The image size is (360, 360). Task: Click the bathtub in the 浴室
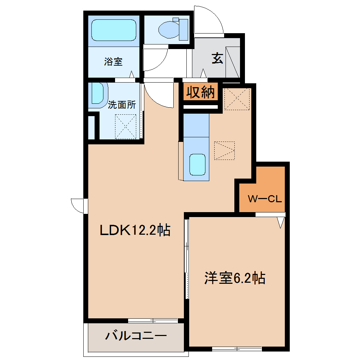114,30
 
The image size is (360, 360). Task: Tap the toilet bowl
169,30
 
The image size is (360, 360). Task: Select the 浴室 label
113,61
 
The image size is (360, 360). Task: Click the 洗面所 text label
122,105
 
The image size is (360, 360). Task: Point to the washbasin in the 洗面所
98,95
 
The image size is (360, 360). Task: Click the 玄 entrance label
217,58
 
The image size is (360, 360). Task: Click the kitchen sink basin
197,164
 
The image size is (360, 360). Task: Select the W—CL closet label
265,199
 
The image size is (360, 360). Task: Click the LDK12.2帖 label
135,230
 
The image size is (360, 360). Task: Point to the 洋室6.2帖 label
235,278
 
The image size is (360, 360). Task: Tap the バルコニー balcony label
136,336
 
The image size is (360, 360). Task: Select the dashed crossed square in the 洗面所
126,127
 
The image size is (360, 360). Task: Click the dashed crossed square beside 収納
237,99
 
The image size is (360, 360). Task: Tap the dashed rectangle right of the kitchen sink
224,151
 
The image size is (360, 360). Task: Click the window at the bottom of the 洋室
237,349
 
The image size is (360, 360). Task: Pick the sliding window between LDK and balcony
153,321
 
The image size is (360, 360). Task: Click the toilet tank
184,30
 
